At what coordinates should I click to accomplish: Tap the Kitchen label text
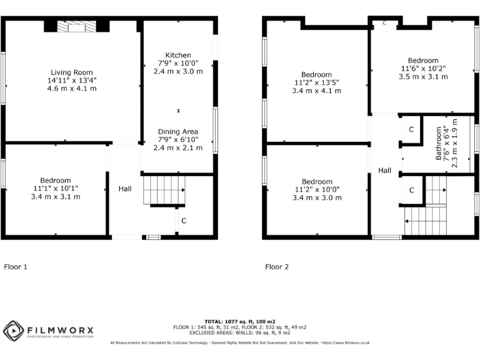pos(178,56)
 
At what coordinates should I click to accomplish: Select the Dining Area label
pos(178,132)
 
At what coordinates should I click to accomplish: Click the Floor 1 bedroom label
pos(56,181)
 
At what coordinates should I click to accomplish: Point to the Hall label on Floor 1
pos(125,188)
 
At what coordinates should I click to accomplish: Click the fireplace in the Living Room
pos(77,26)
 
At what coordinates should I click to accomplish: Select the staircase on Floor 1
pos(164,190)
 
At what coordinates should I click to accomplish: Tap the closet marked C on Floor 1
pos(184,221)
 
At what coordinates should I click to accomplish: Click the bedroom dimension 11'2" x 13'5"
pos(317,82)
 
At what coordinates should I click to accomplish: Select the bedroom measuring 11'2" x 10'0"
pos(317,190)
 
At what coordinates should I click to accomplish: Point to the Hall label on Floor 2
pos(384,171)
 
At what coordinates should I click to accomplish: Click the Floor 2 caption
pos(277,267)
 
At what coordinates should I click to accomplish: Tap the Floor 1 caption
pos(16,267)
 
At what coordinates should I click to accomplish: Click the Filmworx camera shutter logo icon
pos(14,331)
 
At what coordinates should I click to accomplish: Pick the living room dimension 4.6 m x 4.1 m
pos(72,89)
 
